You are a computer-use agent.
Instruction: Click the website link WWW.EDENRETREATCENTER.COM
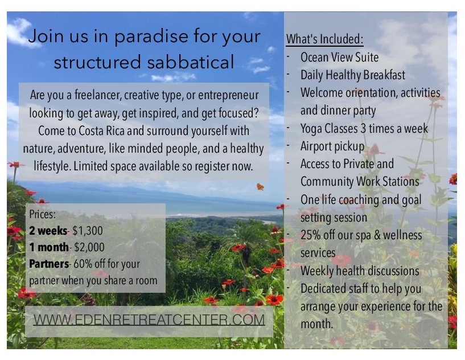coord(149,320)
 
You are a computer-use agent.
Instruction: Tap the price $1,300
coord(88,231)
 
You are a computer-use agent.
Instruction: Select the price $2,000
coord(89,247)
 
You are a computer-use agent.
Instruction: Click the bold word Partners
coord(49,264)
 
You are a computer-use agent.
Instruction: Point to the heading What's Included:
coord(325,39)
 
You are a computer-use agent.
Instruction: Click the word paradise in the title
coord(151,37)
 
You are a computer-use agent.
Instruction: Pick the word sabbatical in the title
coord(191,62)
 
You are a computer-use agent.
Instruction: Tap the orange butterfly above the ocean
coord(260,187)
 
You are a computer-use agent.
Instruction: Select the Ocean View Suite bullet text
coord(340,58)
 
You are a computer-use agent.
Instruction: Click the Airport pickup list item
coord(332,146)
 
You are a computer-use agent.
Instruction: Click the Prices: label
coord(43,214)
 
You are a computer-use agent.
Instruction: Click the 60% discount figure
coord(83,264)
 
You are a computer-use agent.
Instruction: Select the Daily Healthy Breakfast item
coord(353,75)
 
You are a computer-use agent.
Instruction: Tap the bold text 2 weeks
coord(48,231)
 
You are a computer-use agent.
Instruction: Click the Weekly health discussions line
coord(360,271)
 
